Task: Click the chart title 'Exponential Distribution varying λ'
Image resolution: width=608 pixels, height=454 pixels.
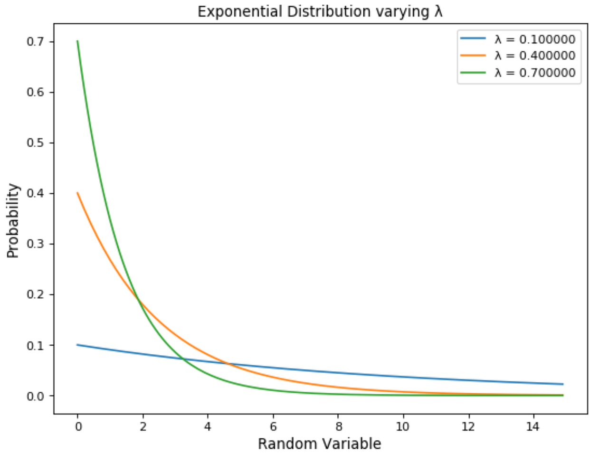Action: click(320, 11)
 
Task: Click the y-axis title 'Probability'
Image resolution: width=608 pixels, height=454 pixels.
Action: click(13, 221)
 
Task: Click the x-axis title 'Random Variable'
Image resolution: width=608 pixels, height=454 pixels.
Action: click(319, 444)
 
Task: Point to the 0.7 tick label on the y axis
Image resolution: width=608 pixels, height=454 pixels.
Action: click(35, 42)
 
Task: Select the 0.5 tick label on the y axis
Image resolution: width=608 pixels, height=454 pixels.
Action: click(35, 143)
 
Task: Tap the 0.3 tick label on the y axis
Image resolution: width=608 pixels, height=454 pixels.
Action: click(35, 244)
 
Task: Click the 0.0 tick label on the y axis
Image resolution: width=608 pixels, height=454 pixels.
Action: click(35, 396)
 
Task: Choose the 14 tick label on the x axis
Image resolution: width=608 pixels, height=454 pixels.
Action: click(533, 426)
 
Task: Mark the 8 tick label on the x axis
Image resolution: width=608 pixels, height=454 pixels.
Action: click(338, 426)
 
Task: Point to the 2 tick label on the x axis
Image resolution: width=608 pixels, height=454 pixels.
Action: click(143, 426)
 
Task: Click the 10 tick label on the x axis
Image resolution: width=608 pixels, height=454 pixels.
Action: click(403, 426)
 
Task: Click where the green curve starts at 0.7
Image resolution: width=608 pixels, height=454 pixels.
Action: click(77, 41)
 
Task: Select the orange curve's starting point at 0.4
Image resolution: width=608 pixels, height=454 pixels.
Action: click(77, 193)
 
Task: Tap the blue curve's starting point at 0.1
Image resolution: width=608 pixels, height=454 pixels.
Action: click(77, 345)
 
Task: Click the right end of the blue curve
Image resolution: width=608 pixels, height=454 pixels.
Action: click(563, 384)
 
